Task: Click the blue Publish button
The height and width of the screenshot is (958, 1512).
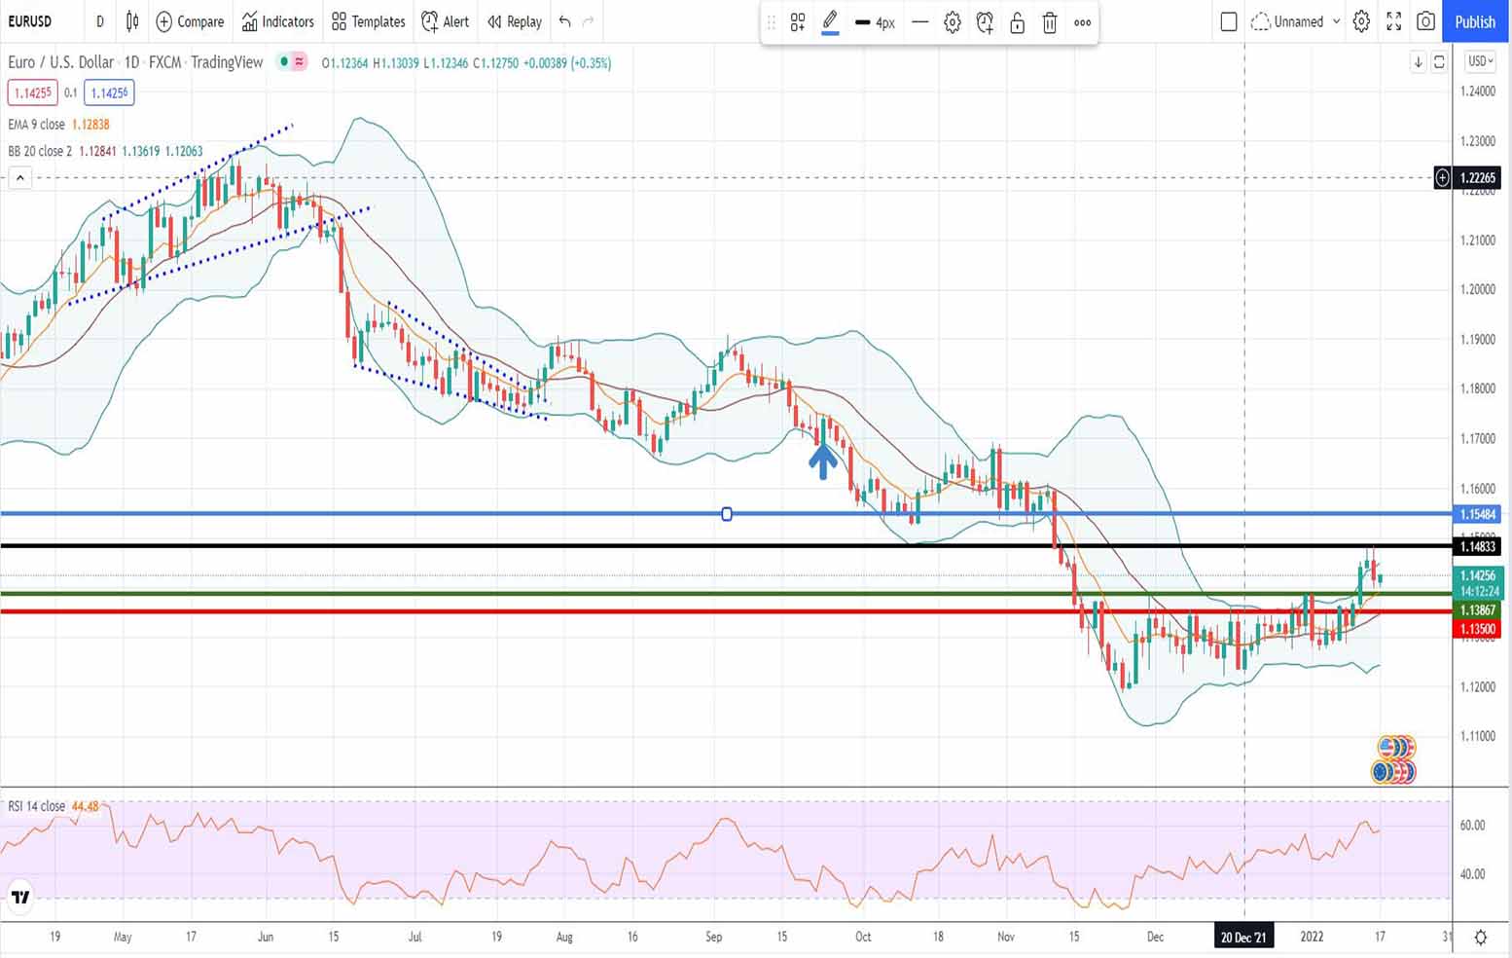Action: click(1475, 21)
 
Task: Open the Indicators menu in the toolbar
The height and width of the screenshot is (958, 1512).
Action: click(278, 21)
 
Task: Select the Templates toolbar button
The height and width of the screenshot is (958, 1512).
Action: click(369, 21)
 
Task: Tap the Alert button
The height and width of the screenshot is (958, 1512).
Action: click(446, 21)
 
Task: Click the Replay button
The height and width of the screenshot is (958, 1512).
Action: click(515, 21)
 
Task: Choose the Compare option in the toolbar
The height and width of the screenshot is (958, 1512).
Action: click(191, 21)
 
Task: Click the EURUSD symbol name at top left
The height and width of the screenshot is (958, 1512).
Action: click(30, 21)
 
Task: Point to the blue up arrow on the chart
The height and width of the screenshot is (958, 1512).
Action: click(823, 461)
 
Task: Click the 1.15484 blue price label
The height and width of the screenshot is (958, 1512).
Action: click(1477, 514)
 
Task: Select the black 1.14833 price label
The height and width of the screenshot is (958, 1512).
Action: click(1477, 547)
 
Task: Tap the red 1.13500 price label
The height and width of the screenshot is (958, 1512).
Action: click(1477, 629)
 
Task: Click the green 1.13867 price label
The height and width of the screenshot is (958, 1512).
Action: click(1477, 610)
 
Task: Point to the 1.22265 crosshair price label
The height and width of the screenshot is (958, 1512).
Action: click(1477, 178)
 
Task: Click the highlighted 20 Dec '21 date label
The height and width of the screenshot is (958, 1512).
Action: click(1243, 937)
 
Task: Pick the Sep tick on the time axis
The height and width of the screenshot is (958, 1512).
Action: click(713, 937)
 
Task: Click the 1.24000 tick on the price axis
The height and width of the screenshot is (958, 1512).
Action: click(1477, 92)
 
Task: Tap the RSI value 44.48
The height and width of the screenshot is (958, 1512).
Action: click(86, 806)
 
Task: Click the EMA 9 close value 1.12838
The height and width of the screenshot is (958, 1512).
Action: click(90, 125)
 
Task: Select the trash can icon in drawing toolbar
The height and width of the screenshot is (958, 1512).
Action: click(1050, 22)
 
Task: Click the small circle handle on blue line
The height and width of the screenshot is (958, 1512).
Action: click(727, 514)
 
